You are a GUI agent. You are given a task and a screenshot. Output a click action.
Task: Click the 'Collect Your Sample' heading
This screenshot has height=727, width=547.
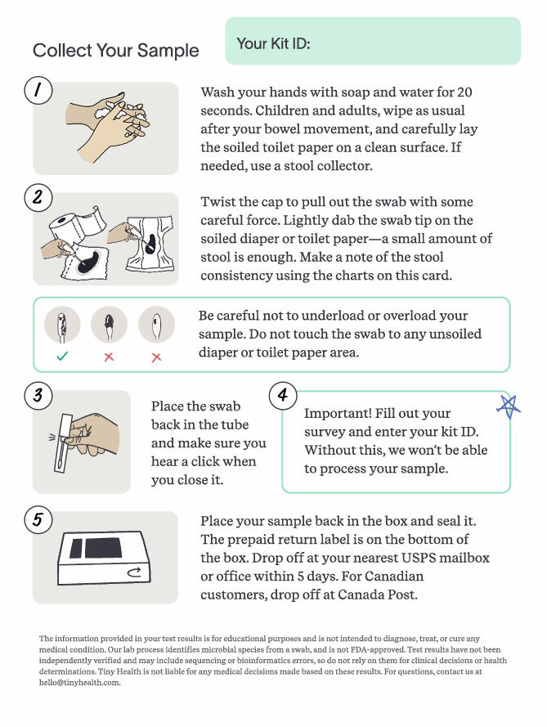pos(115,51)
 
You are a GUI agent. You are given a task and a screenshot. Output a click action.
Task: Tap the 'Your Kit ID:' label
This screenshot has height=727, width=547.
pos(272,43)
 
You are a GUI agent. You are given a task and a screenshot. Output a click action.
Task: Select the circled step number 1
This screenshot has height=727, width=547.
pos(38,90)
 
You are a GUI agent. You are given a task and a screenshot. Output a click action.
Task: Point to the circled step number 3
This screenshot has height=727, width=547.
pos(38,397)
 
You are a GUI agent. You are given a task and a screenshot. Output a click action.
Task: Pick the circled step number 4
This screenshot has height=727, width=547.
pos(282,397)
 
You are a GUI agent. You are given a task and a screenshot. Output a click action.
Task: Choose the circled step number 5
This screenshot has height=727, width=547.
pos(38,519)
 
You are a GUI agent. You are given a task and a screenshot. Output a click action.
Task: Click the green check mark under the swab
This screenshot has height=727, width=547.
pos(62,357)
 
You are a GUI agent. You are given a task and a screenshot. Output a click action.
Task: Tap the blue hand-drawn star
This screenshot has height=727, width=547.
pos(509,406)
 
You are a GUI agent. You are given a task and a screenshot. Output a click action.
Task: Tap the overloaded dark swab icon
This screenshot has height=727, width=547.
pos(109,325)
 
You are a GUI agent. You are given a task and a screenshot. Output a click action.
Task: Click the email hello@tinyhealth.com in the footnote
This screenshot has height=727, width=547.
pos(80,683)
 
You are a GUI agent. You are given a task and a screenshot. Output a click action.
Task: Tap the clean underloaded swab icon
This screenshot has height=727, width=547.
pos(156,325)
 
